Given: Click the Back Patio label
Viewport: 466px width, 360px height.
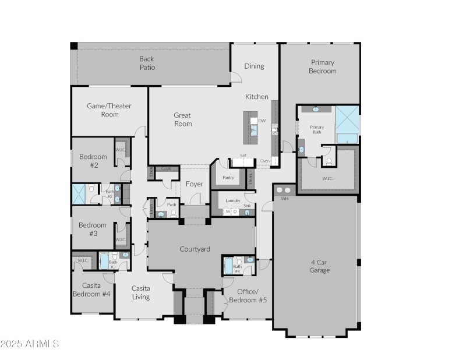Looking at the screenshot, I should pyautogui.click(x=147, y=63).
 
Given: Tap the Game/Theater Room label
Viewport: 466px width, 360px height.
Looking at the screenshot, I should pyautogui.click(x=109, y=110).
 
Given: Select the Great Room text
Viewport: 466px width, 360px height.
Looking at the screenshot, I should pyautogui.click(x=182, y=119).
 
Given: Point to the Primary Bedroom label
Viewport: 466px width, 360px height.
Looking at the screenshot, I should pyautogui.click(x=323, y=66).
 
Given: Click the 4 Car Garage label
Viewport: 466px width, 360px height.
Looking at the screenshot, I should pyautogui.click(x=319, y=266).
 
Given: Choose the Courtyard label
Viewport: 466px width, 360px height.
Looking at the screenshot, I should pyautogui.click(x=195, y=249).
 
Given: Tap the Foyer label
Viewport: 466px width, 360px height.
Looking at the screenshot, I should pyautogui.click(x=195, y=184).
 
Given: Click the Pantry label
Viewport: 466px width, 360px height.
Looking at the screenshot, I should pyautogui.click(x=228, y=178).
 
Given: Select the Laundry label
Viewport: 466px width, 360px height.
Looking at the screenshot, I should pyautogui.click(x=233, y=200).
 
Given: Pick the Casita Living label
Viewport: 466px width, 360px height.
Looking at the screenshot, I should pyautogui.click(x=140, y=292).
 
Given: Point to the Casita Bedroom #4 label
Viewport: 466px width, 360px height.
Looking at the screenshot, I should pyautogui.click(x=91, y=290).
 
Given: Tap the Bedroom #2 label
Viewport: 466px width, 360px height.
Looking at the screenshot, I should pyautogui.click(x=93, y=161).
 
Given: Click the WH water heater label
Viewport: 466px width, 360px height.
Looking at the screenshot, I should pyautogui.click(x=284, y=199).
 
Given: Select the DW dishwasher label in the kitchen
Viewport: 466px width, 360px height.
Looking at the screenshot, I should pyautogui.click(x=262, y=121).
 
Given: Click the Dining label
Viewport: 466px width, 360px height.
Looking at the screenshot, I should pyautogui.click(x=254, y=66).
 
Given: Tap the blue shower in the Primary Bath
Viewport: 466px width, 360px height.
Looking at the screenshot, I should pyautogui.click(x=347, y=119).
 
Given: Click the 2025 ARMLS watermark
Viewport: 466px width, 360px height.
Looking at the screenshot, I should pyautogui.click(x=30, y=344).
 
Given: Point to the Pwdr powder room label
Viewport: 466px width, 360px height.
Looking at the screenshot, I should pyautogui.click(x=172, y=205).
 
